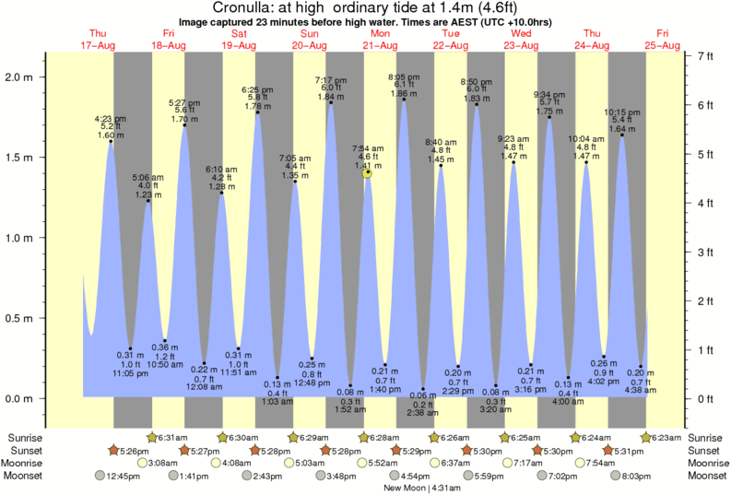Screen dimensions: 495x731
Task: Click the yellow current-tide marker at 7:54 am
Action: point(368,172)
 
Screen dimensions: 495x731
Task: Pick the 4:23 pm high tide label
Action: point(111,119)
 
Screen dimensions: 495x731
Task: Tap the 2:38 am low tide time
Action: point(422,413)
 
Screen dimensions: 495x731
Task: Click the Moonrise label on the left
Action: point(27,463)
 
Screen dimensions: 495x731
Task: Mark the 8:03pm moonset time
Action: point(665,476)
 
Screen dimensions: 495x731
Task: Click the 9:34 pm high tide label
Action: point(548,94)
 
